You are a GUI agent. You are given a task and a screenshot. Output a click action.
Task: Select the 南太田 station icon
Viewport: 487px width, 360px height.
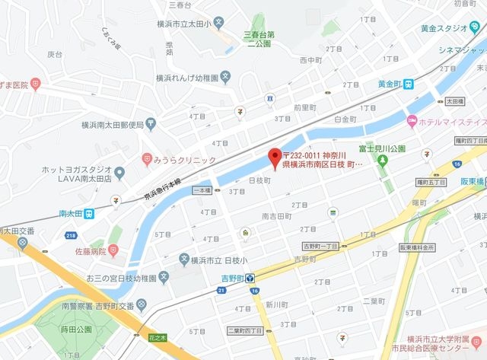[x=88, y=214]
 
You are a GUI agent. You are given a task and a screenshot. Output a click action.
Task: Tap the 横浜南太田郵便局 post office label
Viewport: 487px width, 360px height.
[x=113, y=125]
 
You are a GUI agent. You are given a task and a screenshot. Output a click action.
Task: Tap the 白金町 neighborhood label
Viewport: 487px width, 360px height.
[x=345, y=119]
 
